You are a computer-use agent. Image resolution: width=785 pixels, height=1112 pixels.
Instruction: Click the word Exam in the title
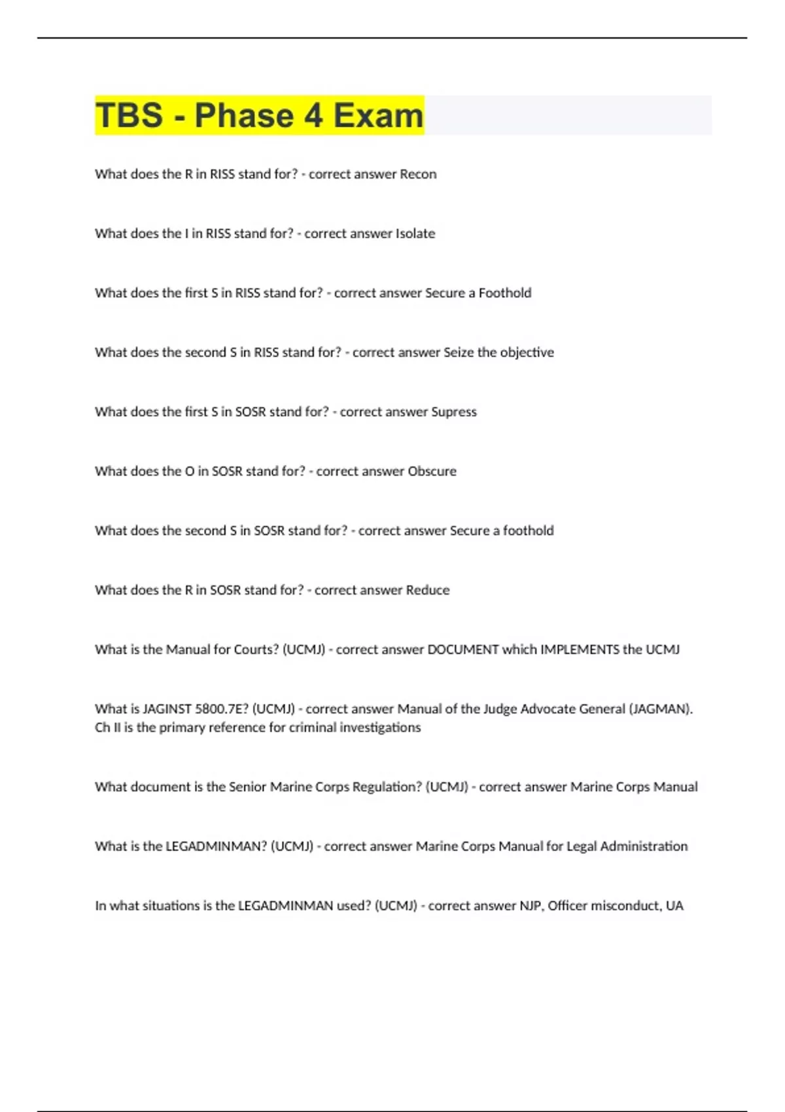tap(379, 116)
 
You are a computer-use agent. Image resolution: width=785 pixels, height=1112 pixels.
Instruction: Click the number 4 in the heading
tap(313, 116)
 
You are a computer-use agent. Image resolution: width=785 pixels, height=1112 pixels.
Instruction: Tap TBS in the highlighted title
tap(129, 116)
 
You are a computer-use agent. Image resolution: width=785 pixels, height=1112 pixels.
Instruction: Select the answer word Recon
tap(418, 175)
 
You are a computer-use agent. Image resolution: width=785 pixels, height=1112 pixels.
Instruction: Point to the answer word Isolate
tap(415, 234)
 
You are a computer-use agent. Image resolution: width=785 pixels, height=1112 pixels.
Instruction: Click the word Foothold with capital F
tap(505, 293)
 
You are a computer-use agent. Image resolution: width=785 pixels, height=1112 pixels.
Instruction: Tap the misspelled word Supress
tap(454, 412)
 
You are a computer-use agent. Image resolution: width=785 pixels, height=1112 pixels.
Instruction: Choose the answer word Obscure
tap(432, 472)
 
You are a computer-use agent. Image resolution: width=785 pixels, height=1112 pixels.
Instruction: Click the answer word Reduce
tap(428, 590)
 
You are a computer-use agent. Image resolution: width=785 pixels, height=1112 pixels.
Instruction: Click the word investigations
tap(380, 727)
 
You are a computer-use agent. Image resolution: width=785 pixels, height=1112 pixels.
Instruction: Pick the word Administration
tap(644, 846)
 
